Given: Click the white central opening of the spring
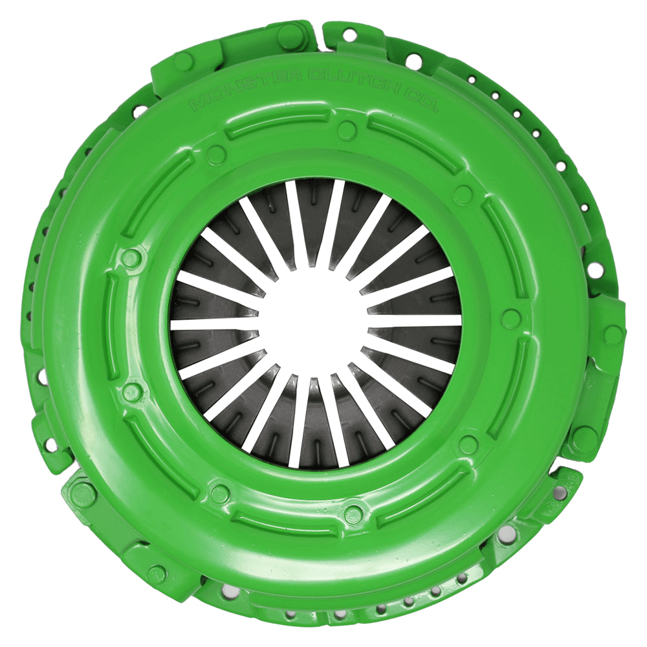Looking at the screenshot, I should click(315, 318).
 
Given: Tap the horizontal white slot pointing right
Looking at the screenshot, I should click(414, 320).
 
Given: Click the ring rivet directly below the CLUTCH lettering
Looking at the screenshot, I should click(347, 130).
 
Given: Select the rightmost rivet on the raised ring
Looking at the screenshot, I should click(511, 318).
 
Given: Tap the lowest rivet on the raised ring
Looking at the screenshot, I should click(353, 515).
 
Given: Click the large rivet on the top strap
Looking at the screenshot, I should click(291, 34).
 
